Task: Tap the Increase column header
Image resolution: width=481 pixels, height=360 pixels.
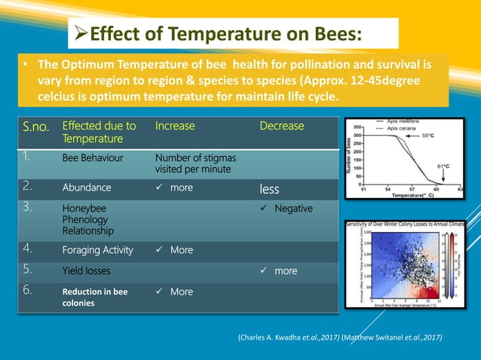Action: click(x=175, y=126)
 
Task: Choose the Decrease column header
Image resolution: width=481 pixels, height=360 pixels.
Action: click(x=281, y=126)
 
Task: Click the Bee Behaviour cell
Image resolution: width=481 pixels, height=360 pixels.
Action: click(x=93, y=158)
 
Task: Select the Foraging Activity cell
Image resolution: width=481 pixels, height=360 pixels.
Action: click(x=97, y=250)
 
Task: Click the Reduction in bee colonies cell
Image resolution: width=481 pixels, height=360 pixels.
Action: click(x=94, y=297)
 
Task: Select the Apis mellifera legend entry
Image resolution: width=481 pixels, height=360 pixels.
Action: click(x=408, y=121)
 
